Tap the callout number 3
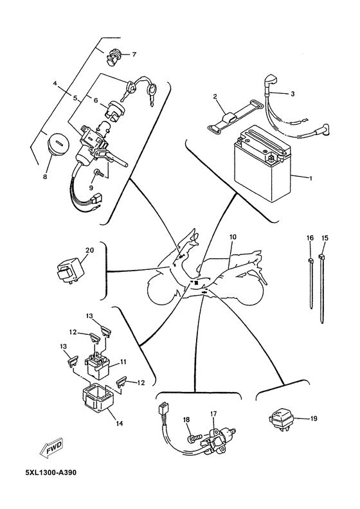tap(292, 94)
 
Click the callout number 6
tap(96, 101)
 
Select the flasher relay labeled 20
tap(69, 270)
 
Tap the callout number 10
tap(233, 237)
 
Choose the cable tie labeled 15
tap(321, 289)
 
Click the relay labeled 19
tap(280, 419)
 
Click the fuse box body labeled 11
tap(96, 365)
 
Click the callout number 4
tap(55, 84)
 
